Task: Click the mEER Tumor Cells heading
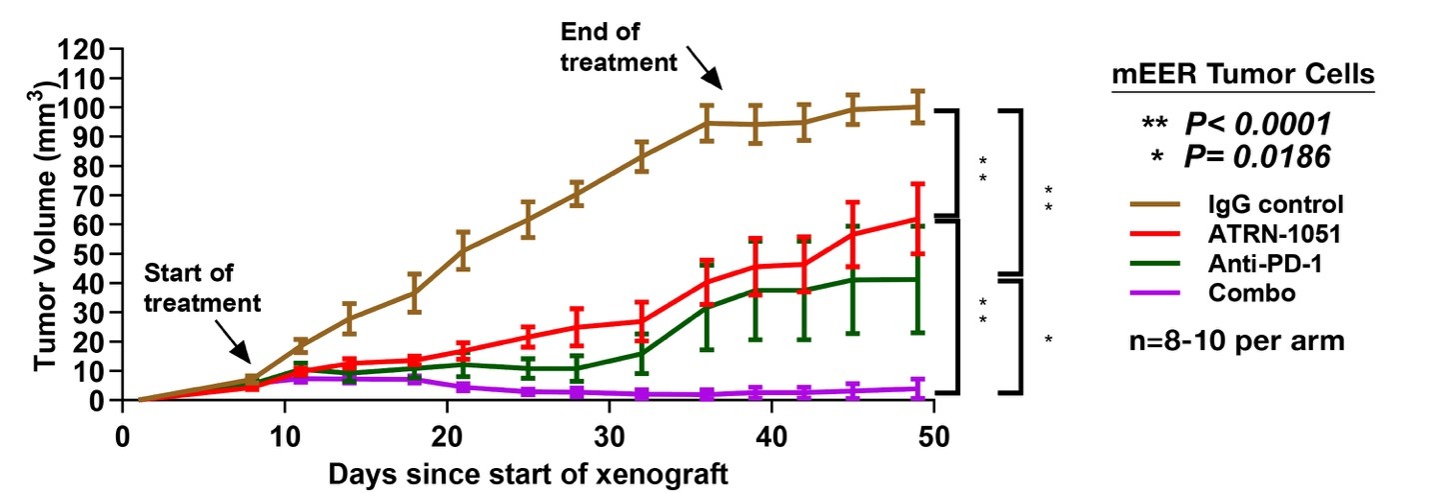(1243, 75)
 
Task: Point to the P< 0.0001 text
(1257, 124)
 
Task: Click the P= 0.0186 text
(1257, 156)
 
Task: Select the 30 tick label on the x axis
(609, 437)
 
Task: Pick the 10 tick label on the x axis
(285, 437)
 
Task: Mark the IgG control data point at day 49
(917, 106)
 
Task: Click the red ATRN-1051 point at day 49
(917, 218)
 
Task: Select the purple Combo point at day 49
(917, 388)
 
